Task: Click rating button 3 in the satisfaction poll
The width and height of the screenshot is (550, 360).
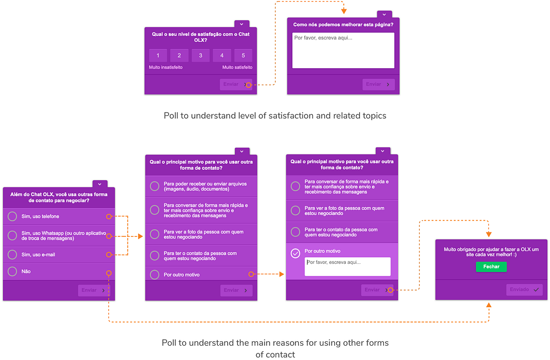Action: [201, 56]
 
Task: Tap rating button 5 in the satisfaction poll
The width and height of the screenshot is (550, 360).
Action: [243, 56]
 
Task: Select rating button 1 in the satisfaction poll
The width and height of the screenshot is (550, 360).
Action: [158, 56]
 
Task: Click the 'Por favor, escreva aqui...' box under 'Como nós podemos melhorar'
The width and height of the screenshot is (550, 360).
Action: [343, 51]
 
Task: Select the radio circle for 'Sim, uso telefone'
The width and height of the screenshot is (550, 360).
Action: [13, 217]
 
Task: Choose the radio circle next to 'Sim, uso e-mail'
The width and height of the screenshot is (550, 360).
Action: [13, 254]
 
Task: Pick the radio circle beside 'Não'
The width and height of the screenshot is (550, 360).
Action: [13, 271]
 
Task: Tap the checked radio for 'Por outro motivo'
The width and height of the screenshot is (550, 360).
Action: [295, 253]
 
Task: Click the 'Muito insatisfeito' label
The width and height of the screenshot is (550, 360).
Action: [166, 68]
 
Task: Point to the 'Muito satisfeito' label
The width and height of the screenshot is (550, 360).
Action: [237, 68]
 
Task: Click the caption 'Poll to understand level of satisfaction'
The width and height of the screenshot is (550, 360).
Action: [275, 116]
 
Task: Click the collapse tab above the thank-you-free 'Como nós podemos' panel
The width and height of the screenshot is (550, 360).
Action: [384, 15]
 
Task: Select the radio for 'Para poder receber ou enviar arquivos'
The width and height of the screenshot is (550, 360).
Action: [155, 187]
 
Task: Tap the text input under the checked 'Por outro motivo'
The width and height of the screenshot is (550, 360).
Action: [348, 267]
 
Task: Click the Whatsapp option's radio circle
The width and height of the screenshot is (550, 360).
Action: [13, 236]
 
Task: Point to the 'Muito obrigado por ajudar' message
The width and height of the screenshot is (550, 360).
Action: [491, 252]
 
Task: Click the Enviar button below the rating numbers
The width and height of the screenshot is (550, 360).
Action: [235, 84]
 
